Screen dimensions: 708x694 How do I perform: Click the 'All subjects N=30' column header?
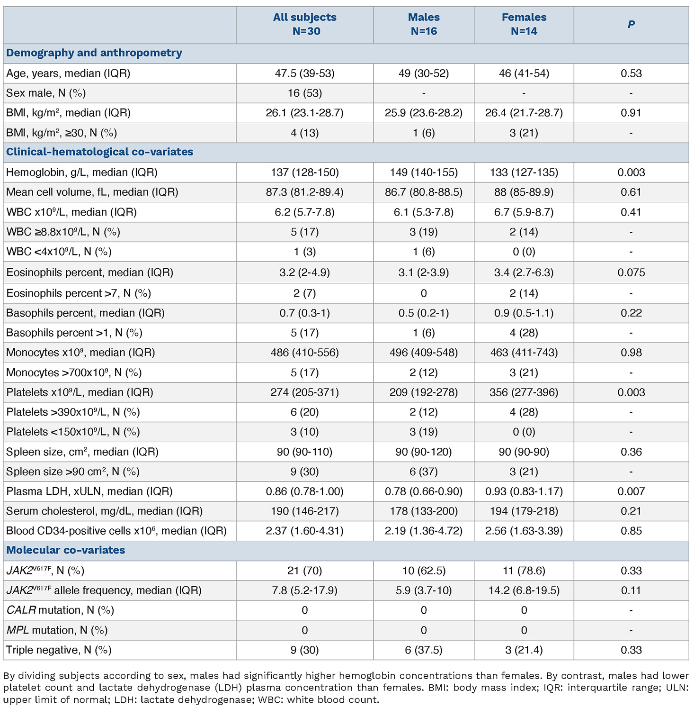(x=305, y=24)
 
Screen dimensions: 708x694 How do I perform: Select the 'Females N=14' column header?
(x=524, y=24)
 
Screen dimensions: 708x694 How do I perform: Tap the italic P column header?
(x=631, y=24)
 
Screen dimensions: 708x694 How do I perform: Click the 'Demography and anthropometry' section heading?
(x=94, y=53)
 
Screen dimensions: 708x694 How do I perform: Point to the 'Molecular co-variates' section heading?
(x=66, y=550)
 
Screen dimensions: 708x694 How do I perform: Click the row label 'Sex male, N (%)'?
(x=46, y=93)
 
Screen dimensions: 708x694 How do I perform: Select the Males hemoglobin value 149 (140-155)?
(x=424, y=172)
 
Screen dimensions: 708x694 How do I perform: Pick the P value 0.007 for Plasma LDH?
(x=631, y=491)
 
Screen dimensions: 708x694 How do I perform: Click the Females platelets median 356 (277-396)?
(x=524, y=392)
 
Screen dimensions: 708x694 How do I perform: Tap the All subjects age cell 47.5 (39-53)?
(x=305, y=73)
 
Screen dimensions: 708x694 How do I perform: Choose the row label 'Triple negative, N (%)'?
(x=59, y=650)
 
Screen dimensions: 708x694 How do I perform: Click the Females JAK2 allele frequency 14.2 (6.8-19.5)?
(x=524, y=590)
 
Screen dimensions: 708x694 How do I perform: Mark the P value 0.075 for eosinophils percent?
(x=631, y=272)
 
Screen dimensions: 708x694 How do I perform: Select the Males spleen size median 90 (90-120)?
(x=424, y=452)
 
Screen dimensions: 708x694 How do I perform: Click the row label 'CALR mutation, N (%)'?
(x=60, y=610)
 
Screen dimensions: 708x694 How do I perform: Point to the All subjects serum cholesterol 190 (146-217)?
(x=305, y=511)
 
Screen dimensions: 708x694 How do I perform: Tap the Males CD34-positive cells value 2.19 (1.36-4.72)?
(x=424, y=531)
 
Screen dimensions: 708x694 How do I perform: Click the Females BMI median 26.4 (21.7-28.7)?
(x=524, y=113)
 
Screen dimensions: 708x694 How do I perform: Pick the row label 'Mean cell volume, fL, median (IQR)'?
(x=92, y=192)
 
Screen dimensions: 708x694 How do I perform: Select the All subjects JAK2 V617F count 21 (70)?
(x=305, y=571)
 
